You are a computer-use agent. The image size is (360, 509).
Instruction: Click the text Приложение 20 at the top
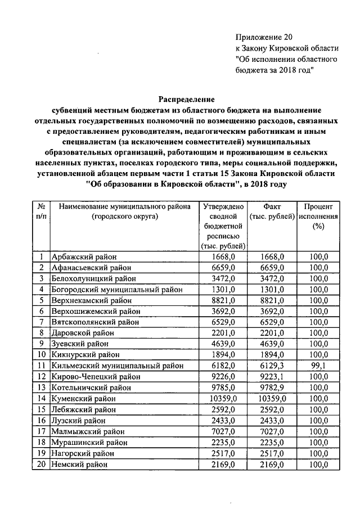click(264, 37)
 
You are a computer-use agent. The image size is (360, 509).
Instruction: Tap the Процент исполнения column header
click(318, 217)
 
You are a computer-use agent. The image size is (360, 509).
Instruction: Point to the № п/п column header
click(42, 212)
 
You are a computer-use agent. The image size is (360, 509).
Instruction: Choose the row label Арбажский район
click(84, 257)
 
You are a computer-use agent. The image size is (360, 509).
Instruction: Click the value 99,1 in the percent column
click(318, 366)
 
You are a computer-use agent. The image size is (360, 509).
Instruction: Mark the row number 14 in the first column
click(42, 398)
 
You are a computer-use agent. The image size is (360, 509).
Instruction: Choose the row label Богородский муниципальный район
click(117, 290)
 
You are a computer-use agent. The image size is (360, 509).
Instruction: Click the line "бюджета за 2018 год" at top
click(274, 69)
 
